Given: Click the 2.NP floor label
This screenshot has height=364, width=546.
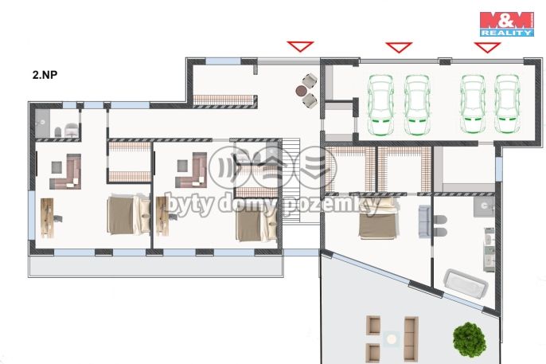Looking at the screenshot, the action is tap(45, 75).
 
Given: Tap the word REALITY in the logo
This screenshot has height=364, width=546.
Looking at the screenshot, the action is tap(507, 33).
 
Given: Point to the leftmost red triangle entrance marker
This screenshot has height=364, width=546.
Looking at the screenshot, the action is tap(300, 46).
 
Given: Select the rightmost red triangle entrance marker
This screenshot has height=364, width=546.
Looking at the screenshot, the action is tap(487, 48).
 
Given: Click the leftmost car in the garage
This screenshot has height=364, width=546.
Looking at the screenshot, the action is tap(381, 104).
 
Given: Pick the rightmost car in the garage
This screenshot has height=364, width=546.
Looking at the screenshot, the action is tap(508, 104).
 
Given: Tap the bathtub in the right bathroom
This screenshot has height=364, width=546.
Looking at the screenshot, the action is tap(466, 284).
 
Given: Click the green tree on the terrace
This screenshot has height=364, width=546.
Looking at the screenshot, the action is tap(470, 339).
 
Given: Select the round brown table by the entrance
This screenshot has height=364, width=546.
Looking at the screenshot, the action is tap(301, 92).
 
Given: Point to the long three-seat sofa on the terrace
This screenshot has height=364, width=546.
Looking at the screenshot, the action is tap(411, 339).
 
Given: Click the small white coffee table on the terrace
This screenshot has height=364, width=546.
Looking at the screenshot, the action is tap(392, 339).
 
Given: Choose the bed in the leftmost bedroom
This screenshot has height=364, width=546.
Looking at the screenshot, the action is tap(128, 214).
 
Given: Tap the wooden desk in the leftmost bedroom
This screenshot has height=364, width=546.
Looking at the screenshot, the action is tap(47, 218).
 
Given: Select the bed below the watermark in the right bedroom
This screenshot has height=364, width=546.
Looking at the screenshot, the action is tap(378, 219).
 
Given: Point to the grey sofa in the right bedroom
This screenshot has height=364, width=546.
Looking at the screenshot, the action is tap(424, 221).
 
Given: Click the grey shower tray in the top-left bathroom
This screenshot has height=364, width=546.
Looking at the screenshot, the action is tap(42, 123).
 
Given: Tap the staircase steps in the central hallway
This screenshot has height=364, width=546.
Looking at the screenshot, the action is tap(291, 181).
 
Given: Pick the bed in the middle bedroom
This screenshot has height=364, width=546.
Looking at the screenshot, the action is tap(256, 220).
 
